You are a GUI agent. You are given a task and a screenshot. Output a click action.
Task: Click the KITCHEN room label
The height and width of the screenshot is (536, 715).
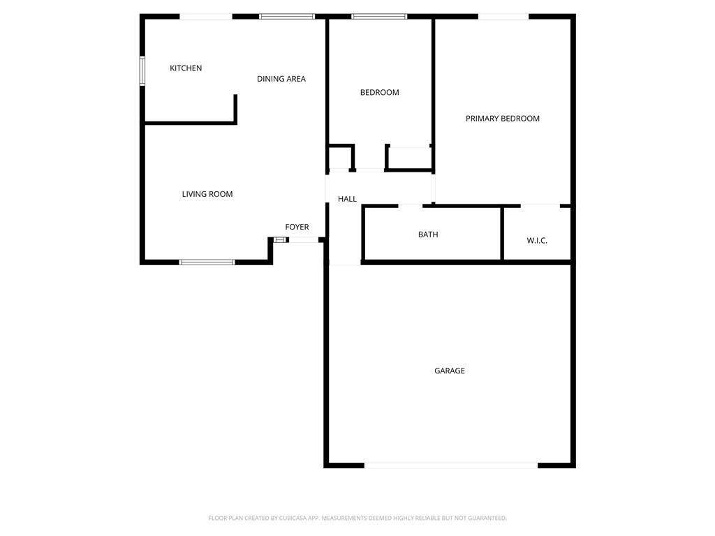pos(186,68)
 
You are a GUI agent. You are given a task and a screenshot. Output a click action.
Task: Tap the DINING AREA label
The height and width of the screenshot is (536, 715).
pos(281,79)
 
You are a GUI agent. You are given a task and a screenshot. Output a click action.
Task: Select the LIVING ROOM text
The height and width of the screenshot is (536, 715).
pos(207,194)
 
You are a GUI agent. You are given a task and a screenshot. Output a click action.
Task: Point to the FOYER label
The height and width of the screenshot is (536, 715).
pos(297,227)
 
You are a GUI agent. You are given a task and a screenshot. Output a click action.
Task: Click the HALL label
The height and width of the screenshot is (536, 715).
pos(347,199)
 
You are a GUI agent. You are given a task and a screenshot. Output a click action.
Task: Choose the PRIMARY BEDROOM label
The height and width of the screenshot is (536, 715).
pos(503,119)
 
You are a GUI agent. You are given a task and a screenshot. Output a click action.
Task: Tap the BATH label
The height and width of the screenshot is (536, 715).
pos(428,234)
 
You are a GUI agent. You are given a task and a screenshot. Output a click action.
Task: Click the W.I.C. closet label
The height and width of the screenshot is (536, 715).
pos(537,241)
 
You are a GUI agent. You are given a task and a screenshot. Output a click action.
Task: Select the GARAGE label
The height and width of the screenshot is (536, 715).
pos(450,371)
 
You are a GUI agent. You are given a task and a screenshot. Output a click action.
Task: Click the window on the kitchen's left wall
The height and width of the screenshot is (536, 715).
pos(142,70)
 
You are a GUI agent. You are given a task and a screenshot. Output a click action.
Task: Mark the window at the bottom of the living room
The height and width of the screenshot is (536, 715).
pos(207,262)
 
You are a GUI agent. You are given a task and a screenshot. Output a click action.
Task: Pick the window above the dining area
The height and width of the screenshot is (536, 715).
pos(287,17)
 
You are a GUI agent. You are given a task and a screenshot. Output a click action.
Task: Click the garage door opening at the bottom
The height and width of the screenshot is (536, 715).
pos(451,466)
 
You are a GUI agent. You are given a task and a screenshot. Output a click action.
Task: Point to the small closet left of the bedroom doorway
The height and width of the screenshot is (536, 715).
pos(339,158)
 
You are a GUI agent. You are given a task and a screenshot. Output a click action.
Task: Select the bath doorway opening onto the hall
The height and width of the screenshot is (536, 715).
pos(411,206)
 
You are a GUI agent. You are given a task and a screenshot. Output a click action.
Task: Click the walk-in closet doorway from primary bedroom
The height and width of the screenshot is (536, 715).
pos(540,206)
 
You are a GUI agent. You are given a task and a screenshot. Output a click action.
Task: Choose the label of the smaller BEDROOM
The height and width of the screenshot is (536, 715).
pos(379,93)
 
